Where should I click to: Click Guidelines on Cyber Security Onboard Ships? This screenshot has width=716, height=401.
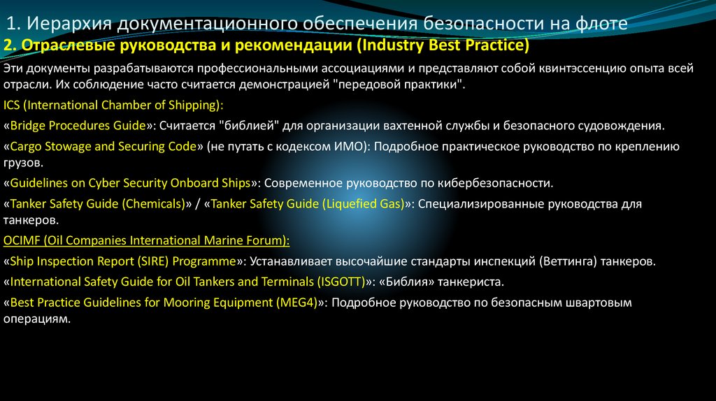pyautogui.click(x=129, y=184)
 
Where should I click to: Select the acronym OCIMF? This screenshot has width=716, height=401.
pyautogui.click(x=21, y=240)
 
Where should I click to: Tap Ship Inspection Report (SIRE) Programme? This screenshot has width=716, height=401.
pyautogui.click(x=122, y=261)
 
